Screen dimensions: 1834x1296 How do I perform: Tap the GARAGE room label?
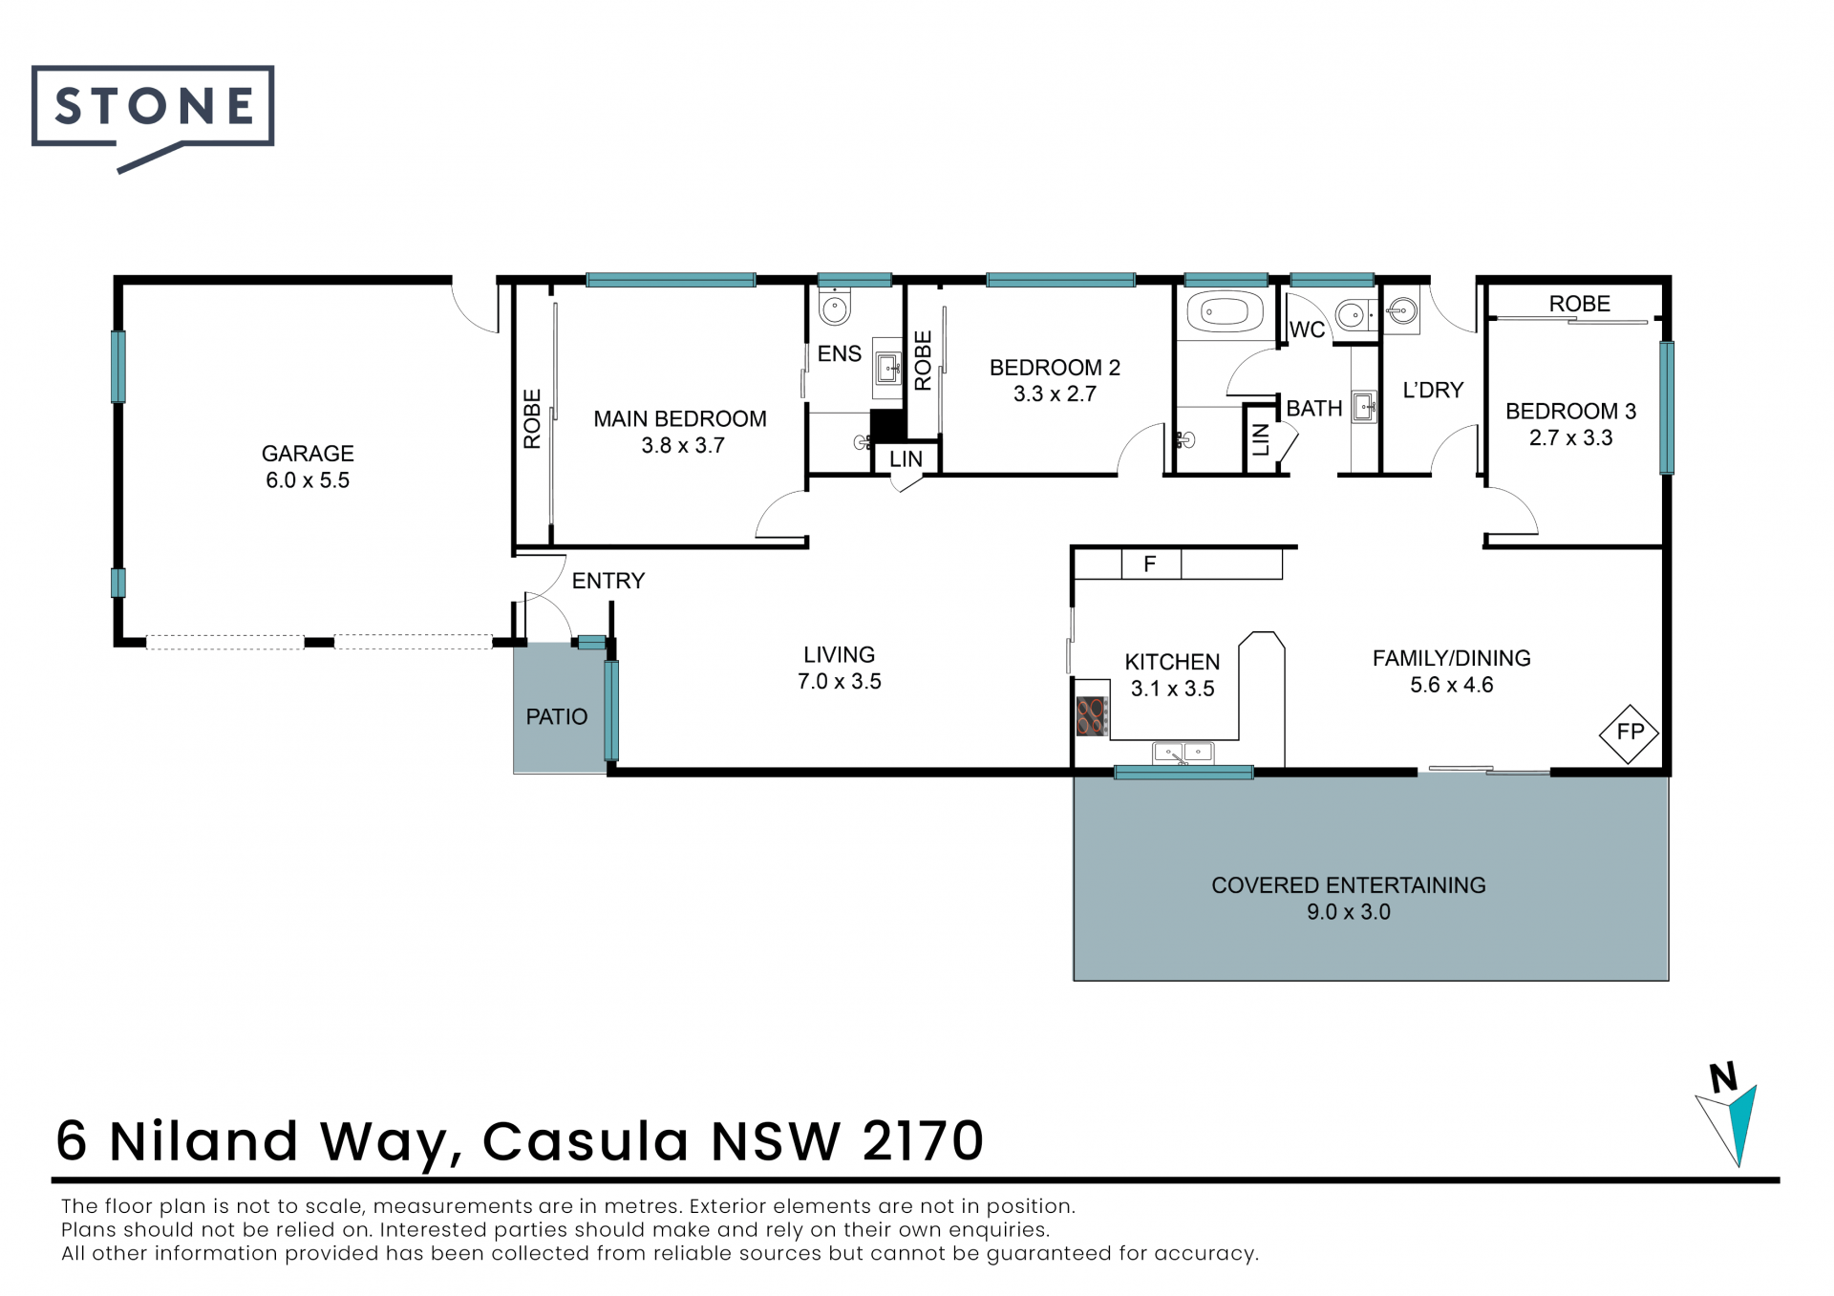click(308, 454)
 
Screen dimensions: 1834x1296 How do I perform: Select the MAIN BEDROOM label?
click(680, 419)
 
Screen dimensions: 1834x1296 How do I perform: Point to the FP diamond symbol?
click(1630, 733)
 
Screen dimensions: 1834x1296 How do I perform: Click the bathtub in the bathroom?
click(1225, 312)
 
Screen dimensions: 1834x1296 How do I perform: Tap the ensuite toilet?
click(834, 306)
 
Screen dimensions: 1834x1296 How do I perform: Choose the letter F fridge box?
click(1150, 564)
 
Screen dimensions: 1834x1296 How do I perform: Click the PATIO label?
click(557, 717)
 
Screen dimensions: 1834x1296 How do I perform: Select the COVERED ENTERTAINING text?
click(1349, 885)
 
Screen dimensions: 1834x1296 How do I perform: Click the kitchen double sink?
click(1184, 754)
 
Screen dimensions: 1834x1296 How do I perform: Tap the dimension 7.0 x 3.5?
click(840, 682)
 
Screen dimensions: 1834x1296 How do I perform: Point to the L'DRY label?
click(1433, 391)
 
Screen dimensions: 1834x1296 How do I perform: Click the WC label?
click(1308, 330)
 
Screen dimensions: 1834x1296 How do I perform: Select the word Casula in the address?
click(586, 1141)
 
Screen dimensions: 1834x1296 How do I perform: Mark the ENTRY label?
click(608, 581)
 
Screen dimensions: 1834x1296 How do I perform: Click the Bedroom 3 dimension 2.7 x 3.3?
click(1571, 438)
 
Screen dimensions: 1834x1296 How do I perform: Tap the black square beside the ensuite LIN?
click(887, 426)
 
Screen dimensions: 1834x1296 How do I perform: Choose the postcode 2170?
click(923, 1141)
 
